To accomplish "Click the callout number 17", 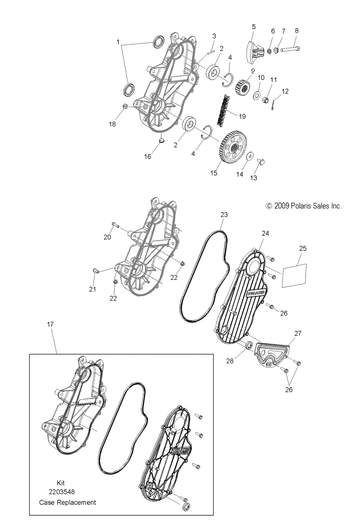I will (x=50, y=324).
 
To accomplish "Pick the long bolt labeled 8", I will (x=290, y=49).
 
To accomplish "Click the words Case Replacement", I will (x=68, y=502).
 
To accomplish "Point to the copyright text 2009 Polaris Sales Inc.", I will (x=303, y=206).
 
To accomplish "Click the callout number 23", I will (x=224, y=215).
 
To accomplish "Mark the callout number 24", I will (x=265, y=233).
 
